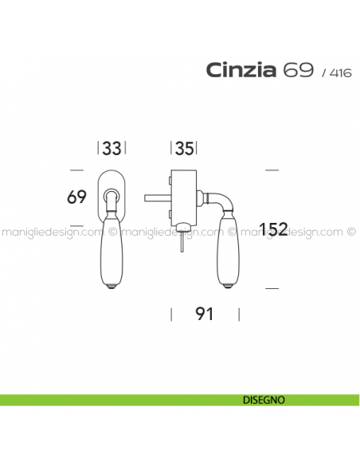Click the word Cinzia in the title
click(241, 71)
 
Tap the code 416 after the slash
click(338, 73)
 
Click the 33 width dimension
click(112, 148)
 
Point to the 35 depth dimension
click(184, 148)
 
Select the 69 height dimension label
click(76, 197)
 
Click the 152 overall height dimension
click(273, 229)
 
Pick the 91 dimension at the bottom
click(205, 314)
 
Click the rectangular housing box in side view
click(185, 194)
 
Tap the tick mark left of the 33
click(98, 148)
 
